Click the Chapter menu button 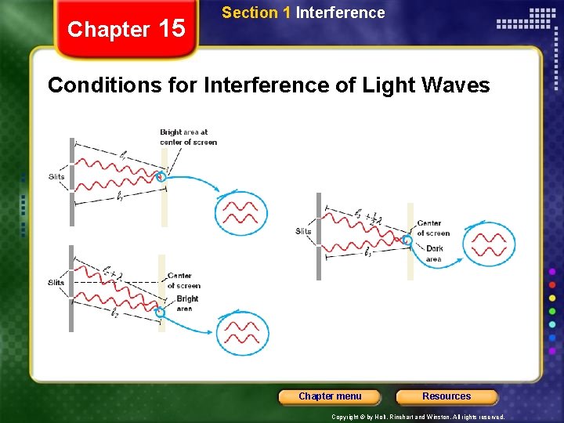pos(330,396)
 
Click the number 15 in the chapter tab pos(172,29)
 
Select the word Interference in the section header pos(340,13)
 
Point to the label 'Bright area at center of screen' pos(188,137)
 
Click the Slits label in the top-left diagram pos(56,177)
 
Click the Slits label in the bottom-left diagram pos(56,283)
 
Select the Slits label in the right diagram pos(303,231)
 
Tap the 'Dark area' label pos(434,254)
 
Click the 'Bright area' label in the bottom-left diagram pos(187,303)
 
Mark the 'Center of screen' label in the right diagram pos(433,228)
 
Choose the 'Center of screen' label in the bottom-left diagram pos(183,280)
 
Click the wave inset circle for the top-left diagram pos(241,213)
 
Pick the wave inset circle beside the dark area pos(489,244)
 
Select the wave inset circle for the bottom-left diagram pos(243,333)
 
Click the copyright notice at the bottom pos(418,418)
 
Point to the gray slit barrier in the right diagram pos(319,236)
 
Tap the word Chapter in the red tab pos(108,30)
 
